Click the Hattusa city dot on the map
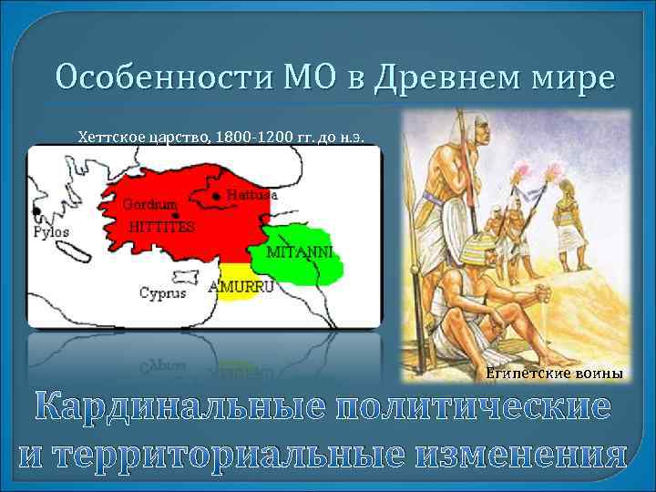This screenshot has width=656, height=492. click(215, 195)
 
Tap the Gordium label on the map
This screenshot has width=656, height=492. click(146, 203)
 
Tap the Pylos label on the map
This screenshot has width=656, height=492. click(51, 231)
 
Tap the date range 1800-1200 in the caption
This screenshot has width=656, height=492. click(258, 137)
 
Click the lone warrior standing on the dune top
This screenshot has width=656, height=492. click(570, 223)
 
